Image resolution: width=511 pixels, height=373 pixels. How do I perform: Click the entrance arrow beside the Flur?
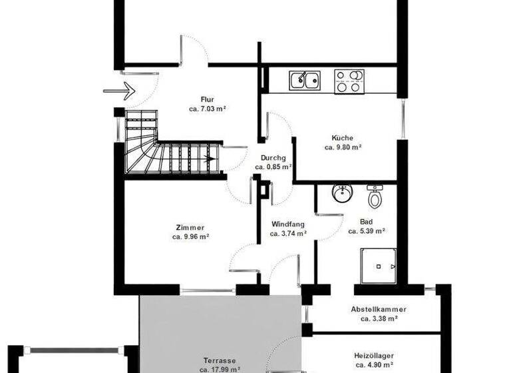(119, 91)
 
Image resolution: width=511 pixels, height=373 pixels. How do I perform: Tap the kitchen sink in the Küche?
(304, 81)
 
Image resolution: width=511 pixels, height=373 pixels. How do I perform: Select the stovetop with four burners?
(349, 81)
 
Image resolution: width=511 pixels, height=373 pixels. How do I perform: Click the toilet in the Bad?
(375, 196)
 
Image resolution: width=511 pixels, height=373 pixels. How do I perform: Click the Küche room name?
(343, 138)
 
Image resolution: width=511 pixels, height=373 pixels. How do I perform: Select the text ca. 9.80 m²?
(343, 148)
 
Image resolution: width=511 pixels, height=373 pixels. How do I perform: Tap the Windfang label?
(288, 224)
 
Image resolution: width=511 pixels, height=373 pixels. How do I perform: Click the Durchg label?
(273, 158)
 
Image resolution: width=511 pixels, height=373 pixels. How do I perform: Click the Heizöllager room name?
(379, 356)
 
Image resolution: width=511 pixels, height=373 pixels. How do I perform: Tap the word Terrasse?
(220, 358)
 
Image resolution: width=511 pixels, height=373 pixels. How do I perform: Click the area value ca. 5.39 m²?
(367, 232)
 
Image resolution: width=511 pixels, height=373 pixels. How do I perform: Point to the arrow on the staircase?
(210, 159)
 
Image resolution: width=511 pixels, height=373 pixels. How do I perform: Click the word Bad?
(367, 222)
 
